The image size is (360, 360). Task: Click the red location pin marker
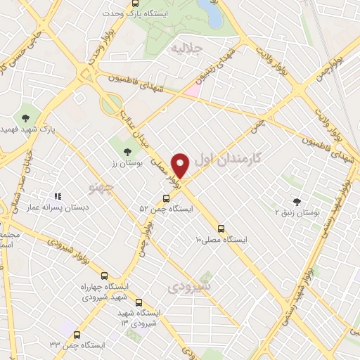coord(181,165)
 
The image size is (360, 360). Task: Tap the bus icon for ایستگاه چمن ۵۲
coord(166,198)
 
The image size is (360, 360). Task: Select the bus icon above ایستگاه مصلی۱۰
coord(221,229)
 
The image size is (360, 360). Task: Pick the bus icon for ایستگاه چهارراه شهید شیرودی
coord(104,276)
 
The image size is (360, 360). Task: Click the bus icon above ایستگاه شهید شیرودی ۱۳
coord(138,301)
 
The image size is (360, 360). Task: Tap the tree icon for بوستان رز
coord(127,151)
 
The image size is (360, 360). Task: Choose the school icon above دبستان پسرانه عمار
coord(59,197)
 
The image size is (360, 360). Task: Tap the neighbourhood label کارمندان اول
coord(230,158)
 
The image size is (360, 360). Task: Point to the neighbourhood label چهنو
coord(103,186)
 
